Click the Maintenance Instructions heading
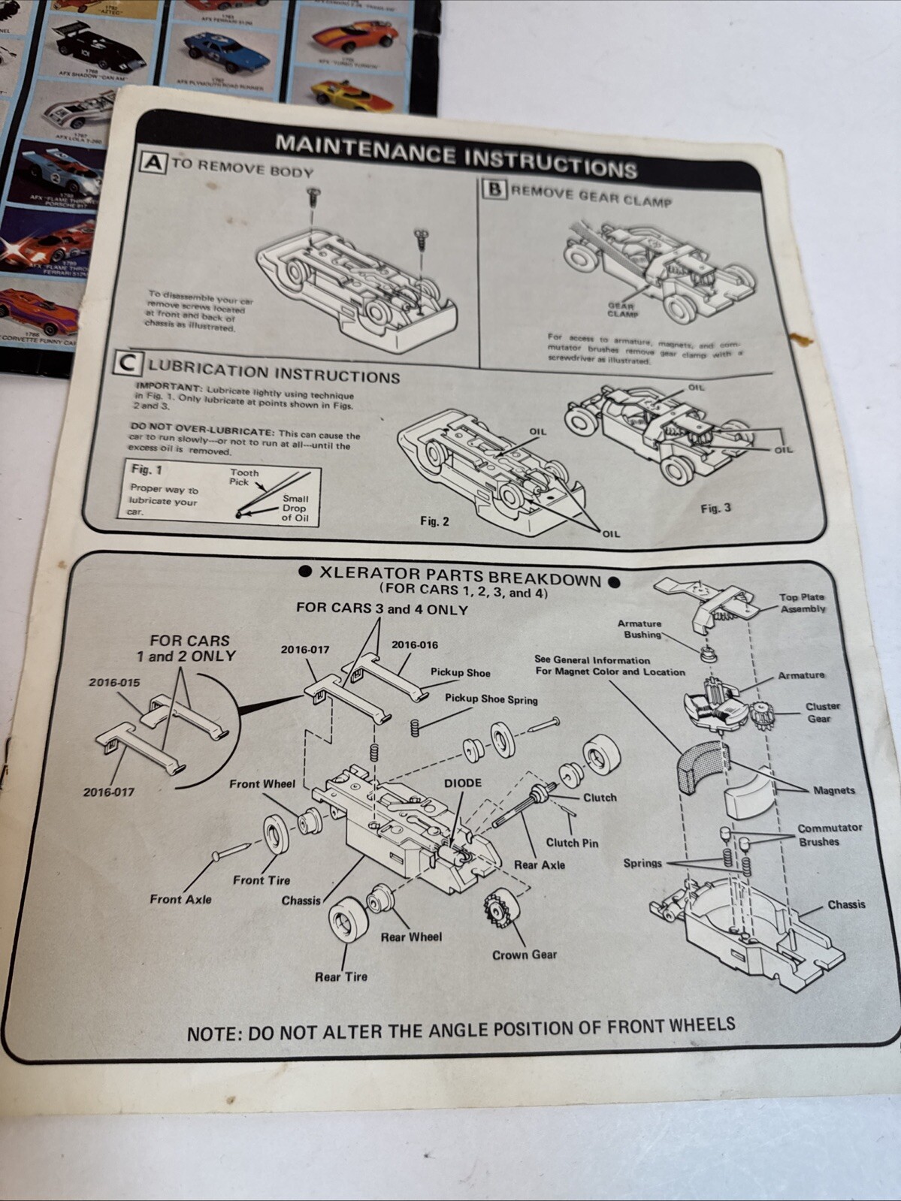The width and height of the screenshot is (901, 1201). [x=456, y=155]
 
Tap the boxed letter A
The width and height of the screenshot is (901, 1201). [x=154, y=162]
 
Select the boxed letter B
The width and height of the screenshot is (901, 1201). [x=494, y=189]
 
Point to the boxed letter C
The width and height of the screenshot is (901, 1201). [x=128, y=364]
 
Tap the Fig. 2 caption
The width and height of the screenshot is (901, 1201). [x=434, y=521]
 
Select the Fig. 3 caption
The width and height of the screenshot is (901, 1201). [x=715, y=508]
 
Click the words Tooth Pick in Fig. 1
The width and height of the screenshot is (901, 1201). [x=244, y=477]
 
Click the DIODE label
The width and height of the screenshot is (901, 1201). [x=462, y=783]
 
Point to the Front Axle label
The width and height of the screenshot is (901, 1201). [x=180, y=899]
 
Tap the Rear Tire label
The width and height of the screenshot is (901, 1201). [x=341, y=976]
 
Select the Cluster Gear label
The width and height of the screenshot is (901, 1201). [x=822, y=712]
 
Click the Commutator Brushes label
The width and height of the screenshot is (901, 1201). [x=830, y=834]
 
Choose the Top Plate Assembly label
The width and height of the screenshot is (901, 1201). [x=802, y=603]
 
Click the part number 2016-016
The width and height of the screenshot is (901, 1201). [x=414, y=644]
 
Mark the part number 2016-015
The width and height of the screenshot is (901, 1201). [x=113, y=682]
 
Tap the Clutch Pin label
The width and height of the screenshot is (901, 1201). [x=572, y=843]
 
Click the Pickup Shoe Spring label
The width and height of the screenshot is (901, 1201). [x=491, y=699]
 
